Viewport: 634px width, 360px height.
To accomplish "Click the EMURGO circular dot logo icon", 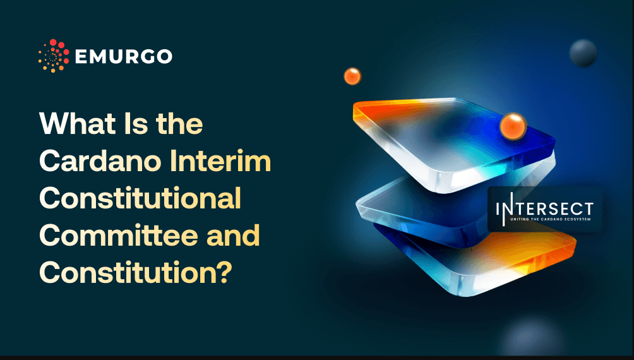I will (x=54, y=56).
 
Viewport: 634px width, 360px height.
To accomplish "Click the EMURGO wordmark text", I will (x=123, y=56).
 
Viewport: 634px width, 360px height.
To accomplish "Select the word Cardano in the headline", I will (x=99, y=162).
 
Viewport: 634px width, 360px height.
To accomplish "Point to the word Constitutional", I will (x=140, y=199).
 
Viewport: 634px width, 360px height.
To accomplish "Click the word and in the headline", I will (x=232, y=236).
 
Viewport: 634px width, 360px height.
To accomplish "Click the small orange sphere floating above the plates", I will (x=352, y=76).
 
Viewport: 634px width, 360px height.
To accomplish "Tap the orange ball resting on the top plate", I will (x=513, y=126).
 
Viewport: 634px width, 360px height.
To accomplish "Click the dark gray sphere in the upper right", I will (x=583, y=54).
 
